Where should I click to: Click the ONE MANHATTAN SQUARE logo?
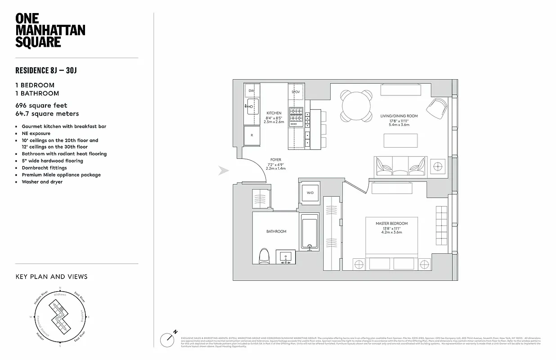point(50,30)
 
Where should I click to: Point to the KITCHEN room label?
point(274,113)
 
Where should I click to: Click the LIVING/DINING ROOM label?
point(399,116)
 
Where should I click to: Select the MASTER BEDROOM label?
point(392,223)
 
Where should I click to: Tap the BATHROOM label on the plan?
point(276,231)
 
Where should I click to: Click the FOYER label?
point(276,159)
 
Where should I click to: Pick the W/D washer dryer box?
point(310,193)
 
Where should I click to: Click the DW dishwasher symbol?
point(251,91)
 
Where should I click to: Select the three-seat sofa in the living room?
point(400,166)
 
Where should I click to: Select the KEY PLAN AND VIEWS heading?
point(51,277)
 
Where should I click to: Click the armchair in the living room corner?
point(436,108)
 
